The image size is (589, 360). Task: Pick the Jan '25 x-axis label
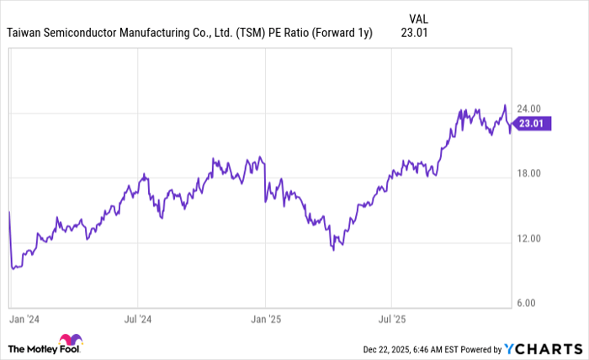[x=265, y=320]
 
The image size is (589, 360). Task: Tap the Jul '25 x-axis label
[x=391, y=320]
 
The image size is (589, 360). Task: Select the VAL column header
[x=418, y=18]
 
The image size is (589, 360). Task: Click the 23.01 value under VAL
[x=416, y=34]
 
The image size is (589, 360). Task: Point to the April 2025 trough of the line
[x=334, y=250]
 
